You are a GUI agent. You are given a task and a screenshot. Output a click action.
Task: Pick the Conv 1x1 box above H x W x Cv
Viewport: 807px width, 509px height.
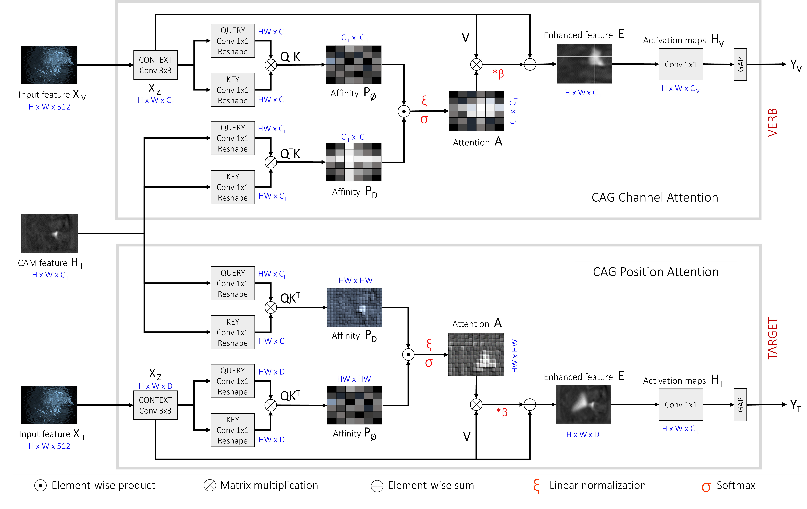(681, 64)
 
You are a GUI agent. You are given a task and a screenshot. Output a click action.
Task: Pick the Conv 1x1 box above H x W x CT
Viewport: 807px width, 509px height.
(681, 405)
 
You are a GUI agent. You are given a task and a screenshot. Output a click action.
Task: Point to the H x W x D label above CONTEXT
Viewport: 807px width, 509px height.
(156, 386)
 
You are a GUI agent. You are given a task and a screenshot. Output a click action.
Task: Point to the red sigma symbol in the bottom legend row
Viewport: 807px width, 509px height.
(706, 487)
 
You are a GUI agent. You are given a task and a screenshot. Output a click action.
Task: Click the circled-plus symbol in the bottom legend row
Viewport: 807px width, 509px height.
(377, 486)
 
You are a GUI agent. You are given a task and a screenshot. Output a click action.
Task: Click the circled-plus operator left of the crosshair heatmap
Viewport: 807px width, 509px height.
(530, 64)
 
